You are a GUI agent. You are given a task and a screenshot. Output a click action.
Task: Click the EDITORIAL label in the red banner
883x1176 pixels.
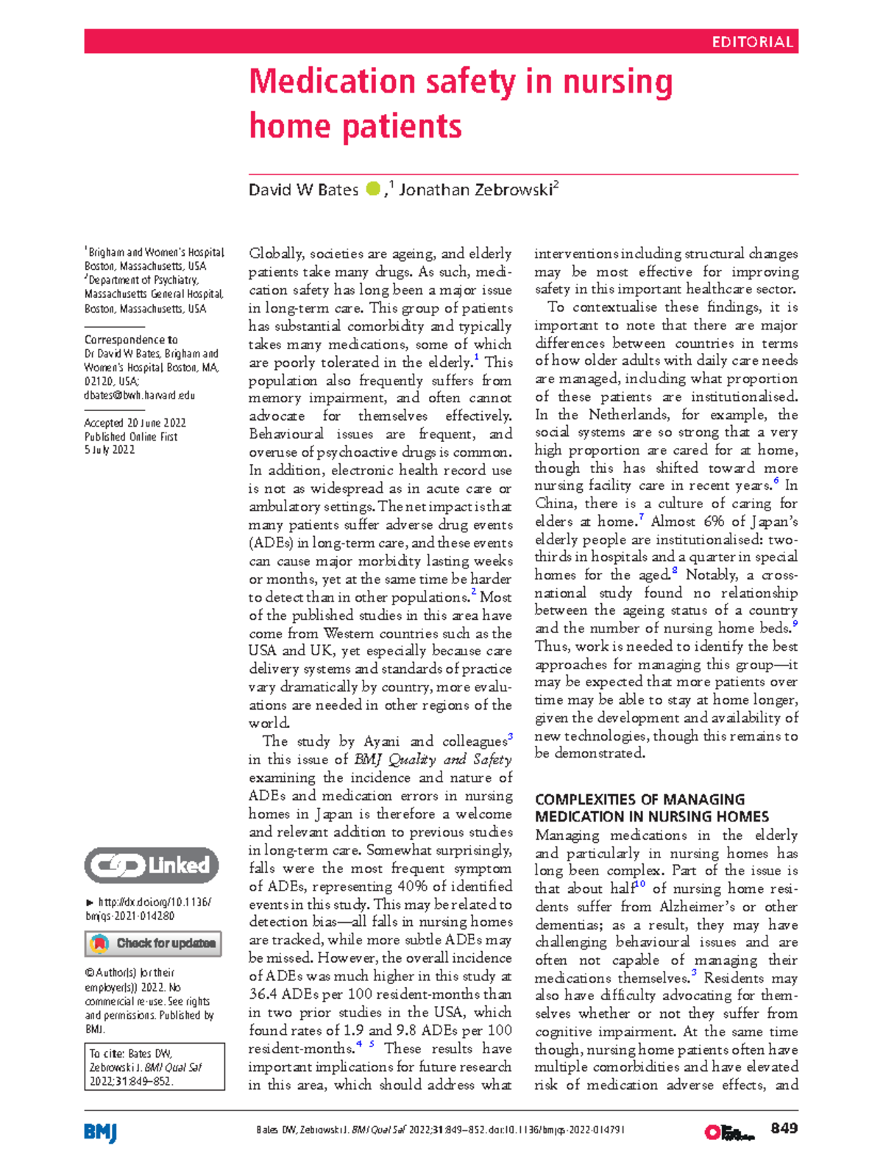(751, 42)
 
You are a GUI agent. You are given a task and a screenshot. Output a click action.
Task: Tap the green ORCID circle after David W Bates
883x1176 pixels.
(373, 189)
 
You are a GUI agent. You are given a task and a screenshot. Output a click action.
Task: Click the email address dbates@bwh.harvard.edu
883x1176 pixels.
(140, 396)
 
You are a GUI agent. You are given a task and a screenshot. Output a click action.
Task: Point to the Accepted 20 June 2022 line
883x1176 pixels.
(135, 423)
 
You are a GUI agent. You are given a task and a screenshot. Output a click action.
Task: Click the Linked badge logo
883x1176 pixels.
(152, 866)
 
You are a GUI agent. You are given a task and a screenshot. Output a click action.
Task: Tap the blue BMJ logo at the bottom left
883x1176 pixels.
(101, 1133)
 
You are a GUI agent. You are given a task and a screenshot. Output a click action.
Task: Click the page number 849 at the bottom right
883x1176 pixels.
(784, 1129)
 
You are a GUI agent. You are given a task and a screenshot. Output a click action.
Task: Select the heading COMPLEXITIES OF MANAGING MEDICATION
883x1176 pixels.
(651, 808)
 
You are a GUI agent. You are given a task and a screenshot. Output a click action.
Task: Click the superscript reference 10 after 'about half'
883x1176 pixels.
(639, 885)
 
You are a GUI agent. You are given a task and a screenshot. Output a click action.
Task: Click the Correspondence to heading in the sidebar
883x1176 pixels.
(131, 340)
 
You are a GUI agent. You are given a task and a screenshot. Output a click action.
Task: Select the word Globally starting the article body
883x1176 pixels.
(276, 254)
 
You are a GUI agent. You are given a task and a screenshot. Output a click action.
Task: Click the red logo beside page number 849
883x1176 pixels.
(729, 1133)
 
